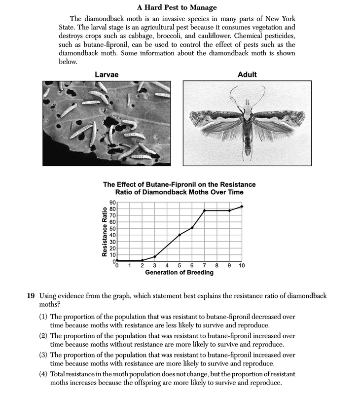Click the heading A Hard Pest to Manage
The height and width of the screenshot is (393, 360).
point(180,7)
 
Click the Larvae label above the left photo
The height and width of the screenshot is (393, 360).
point(107,74)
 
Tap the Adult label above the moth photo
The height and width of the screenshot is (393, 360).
point(247,74)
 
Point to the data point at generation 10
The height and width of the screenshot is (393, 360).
point(242,207)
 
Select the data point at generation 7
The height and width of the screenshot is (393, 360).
point(204,211)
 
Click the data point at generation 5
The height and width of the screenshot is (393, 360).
point(180,235)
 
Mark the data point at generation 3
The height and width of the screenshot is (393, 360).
point(154,256)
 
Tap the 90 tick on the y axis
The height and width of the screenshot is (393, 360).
point(112,203)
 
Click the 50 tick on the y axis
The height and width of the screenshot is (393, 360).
point(112,228)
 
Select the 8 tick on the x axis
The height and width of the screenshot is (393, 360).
point(216,266)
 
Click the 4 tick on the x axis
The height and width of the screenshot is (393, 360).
point(167,266)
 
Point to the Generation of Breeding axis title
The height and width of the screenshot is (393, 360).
point(180,272)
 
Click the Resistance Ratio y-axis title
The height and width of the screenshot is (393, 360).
point(105,232)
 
